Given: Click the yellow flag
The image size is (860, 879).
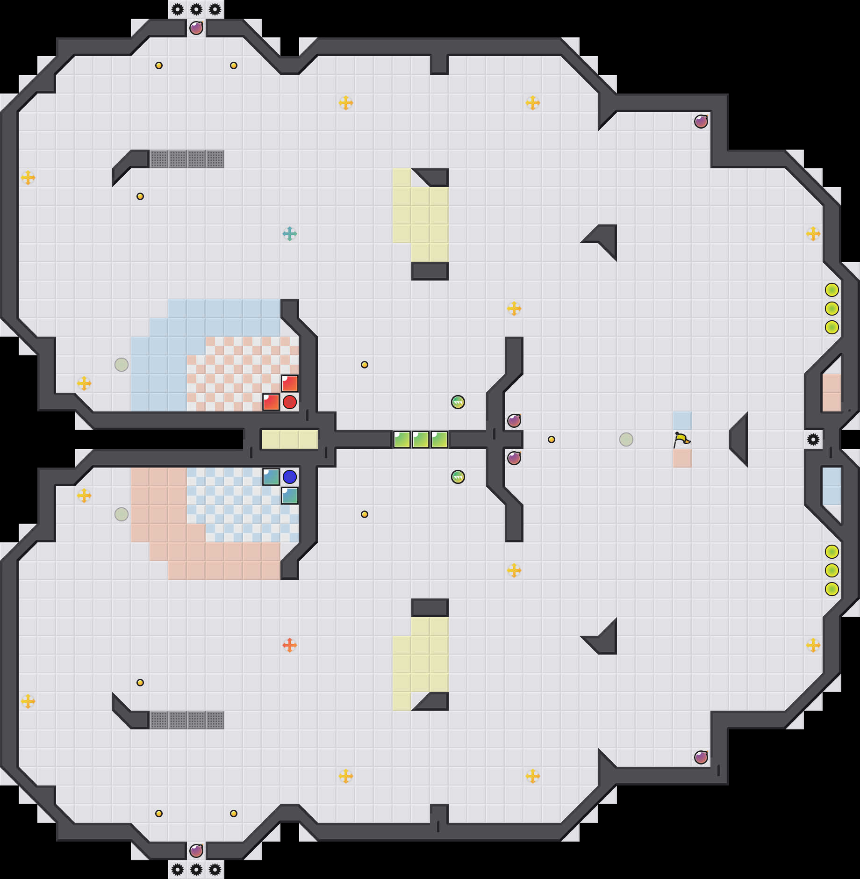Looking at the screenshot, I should coord(681,439).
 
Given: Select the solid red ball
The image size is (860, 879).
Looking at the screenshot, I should coord(290,402).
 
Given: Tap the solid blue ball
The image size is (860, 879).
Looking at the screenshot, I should coord(290,477).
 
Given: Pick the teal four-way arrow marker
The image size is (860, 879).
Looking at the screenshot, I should coord(290,234).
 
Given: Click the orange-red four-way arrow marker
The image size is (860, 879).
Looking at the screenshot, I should coord(290,645).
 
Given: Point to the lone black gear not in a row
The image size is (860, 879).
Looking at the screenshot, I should coord(813,439).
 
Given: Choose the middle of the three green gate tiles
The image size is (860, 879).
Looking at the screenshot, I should coord(421,439).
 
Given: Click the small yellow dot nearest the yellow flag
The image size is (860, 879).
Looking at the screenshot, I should coord(552,439).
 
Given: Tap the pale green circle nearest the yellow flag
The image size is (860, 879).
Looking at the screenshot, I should coord(626,439).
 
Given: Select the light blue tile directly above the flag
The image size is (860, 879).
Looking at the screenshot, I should coord(682,421).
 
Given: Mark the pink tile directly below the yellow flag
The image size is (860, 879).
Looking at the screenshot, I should coord(682,458).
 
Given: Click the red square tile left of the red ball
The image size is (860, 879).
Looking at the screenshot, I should coord(271,402).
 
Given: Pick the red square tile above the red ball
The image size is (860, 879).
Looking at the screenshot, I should coord(290,383).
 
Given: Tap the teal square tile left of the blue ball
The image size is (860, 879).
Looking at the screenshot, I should coord(271,477).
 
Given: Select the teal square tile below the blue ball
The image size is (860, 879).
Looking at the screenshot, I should coord(290,496).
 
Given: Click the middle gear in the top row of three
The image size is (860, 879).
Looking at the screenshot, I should coord(196,9).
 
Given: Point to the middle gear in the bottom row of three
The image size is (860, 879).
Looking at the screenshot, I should coord(196,870).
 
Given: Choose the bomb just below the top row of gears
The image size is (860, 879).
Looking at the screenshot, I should coord(196,28).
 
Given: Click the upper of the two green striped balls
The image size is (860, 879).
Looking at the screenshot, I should coord(458,402).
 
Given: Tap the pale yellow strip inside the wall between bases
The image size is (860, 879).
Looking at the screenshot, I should coord(290,439).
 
